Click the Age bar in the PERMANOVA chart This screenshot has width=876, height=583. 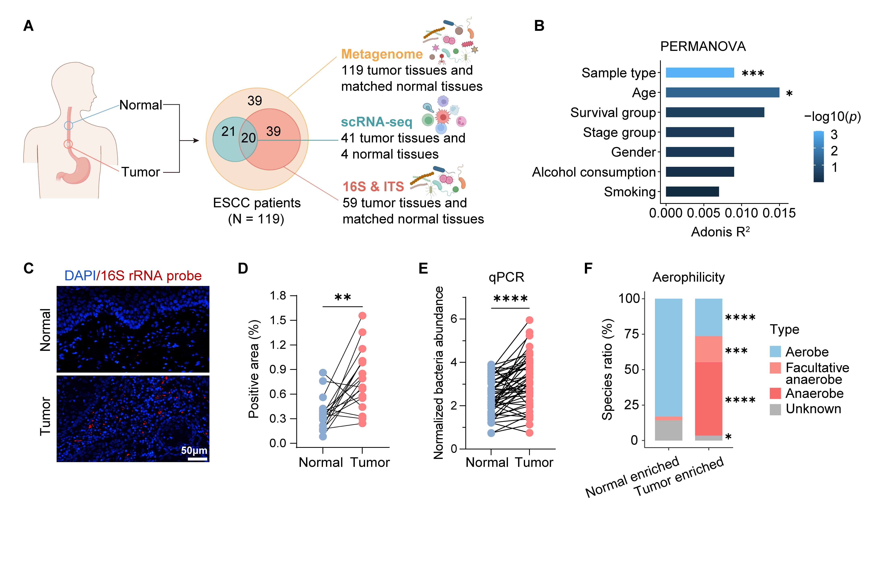pos(722,92)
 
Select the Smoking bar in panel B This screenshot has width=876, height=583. pos(692,192)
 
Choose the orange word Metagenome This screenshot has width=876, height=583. pos(382,54)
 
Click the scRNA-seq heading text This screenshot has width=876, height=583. pos(377,122)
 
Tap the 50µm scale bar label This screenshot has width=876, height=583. pos(194,450)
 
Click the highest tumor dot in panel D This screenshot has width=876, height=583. pos(362,316)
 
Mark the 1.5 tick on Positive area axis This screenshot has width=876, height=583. pos(278,320)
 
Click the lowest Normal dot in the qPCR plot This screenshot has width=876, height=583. pos(491,433)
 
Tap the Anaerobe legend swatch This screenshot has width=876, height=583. pos(775,393)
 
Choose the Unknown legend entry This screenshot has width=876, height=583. pos(813,409)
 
